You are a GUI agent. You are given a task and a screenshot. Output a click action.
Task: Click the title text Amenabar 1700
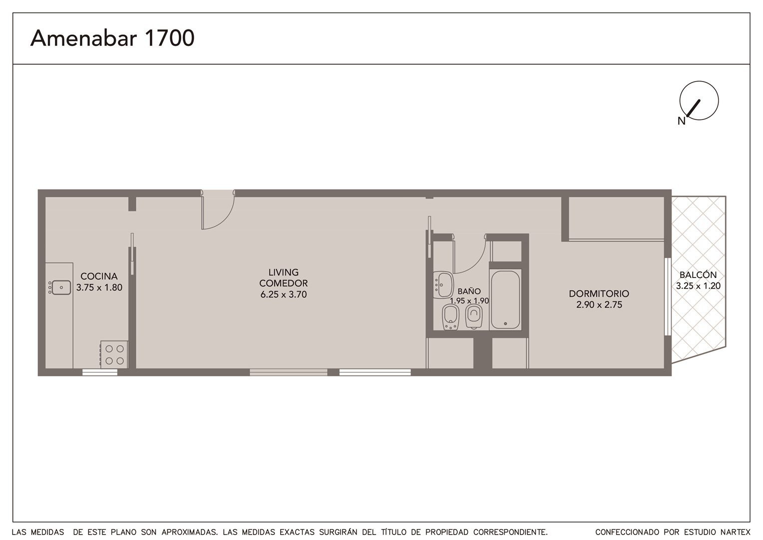click(x=112, y=38)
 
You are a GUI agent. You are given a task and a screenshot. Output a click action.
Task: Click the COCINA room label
click(x=99, y=276)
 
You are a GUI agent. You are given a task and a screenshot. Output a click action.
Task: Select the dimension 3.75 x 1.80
click(x=99, y=287)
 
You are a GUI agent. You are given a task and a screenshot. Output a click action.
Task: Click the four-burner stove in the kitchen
click(x=114, y=354)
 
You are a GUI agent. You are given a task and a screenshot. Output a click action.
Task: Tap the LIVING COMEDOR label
click(x=284, y=277)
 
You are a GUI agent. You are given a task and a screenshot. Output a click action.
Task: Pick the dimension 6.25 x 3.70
click(x=284, y=294)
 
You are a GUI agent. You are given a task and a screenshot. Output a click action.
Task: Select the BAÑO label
click(x=469, y=291)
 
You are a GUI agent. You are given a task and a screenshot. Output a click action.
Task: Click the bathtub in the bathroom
click(x=505, y=300)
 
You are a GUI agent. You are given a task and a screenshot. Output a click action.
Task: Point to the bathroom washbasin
click(x=443, y=284)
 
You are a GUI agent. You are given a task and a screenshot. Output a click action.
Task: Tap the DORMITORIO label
click(x=599, y=293)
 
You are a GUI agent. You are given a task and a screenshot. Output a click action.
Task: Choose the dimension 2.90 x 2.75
click(x=599, y=304)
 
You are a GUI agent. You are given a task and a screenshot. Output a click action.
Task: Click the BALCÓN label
click(x=698, y=274)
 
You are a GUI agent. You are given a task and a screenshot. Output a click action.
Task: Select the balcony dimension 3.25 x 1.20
click(x=698, y=286)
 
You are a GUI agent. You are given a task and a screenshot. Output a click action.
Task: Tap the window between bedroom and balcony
click(x=668, y=297)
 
